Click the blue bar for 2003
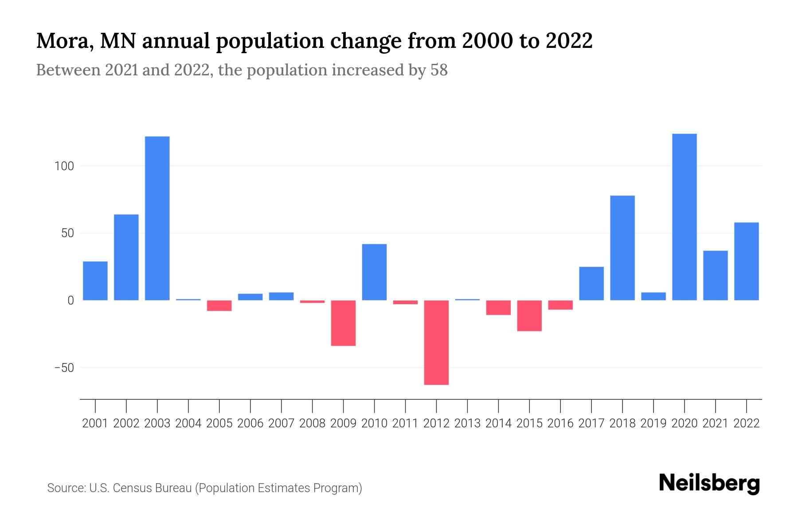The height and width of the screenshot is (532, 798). point(157,218)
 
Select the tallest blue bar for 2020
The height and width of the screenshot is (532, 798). point(685,217)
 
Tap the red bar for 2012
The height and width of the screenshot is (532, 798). point(436,342)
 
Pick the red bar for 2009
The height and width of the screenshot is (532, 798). point(344,323)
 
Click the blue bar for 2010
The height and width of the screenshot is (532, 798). point(374,272)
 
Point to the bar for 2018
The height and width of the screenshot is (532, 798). point(622,248)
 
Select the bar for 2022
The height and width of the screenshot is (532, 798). point(747,261)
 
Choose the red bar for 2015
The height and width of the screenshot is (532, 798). point(529,316)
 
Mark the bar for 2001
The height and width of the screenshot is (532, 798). point(95,281)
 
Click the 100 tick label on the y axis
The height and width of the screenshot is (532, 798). point(64,166)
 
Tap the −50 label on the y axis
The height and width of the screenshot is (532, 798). point(64,368)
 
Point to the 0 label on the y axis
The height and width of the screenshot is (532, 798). point(70,301)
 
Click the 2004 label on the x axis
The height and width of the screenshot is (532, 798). point(188,423)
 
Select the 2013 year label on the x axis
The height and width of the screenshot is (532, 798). point(467,423)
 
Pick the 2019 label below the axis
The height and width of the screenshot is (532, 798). point(653,423)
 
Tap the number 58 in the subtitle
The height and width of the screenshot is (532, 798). point(439,70)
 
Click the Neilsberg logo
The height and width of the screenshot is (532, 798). point(709,483)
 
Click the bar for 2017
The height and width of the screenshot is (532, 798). point(591,283)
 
